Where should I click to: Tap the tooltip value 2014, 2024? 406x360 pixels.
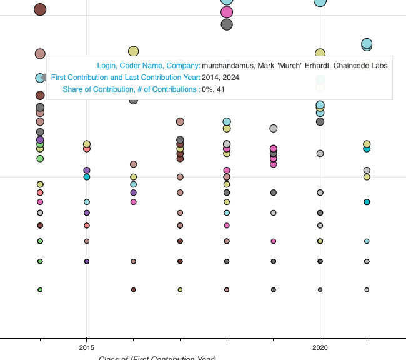tap(220, 77)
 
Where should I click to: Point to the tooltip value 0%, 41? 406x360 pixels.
tap(213, 89)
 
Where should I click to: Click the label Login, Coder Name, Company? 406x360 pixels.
tap(148, 66)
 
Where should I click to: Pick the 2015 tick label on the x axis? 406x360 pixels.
tap(87, 347)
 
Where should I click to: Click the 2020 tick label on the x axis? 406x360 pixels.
tap(320, 347)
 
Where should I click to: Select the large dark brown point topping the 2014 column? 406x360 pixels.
tap(40, 9)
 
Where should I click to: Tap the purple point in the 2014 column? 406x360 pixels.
tap(40, 140)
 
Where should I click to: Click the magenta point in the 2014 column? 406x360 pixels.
tap(40, 202)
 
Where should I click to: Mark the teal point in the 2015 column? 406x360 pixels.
tap(87, 177)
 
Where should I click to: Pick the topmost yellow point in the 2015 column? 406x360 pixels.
tap(87, 144)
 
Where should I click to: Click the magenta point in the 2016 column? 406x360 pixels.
tap(133, 202)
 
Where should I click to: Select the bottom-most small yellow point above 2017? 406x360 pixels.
tap(180, 290)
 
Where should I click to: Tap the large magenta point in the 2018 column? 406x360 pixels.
tap(227, 12)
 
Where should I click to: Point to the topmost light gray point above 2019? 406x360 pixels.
tap(273, 128)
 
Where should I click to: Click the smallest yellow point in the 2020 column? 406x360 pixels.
tap(320, 241)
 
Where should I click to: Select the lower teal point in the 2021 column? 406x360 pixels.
tap(367, 202)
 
